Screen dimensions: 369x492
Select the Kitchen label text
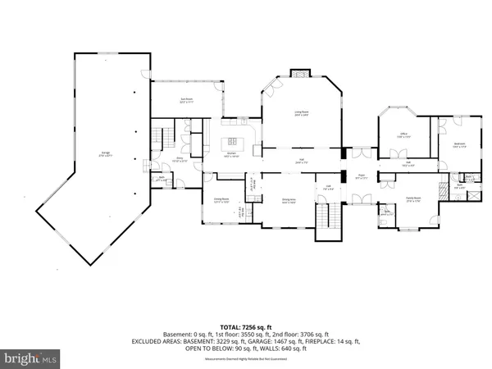coord(232,155)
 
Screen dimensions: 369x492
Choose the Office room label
coord(404,136)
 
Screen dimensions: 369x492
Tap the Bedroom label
coord(460,146)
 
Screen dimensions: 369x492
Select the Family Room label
coord(412,198)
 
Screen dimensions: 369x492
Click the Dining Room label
coord(221,199)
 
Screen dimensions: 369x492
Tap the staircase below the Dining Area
coord(328,219)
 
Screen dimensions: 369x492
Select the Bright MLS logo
coord(32,358)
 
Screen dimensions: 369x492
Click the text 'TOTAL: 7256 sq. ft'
coord(245,326)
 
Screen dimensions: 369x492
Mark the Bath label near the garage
coord(162,180)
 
